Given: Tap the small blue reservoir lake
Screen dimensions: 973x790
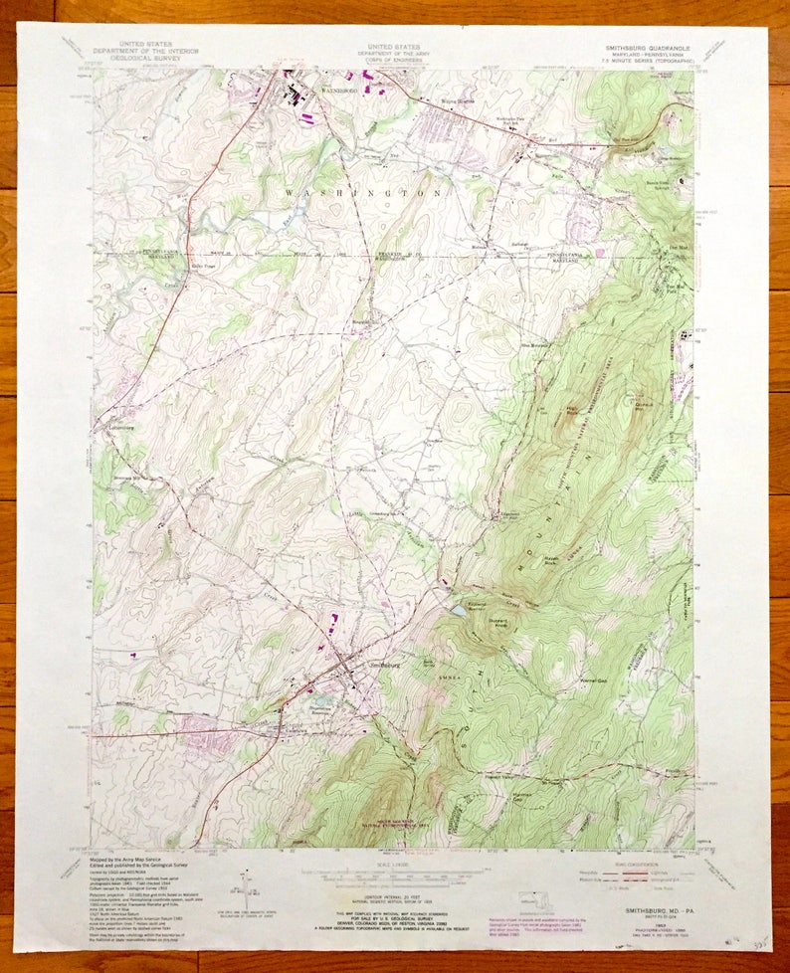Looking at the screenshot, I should click(456, 610).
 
